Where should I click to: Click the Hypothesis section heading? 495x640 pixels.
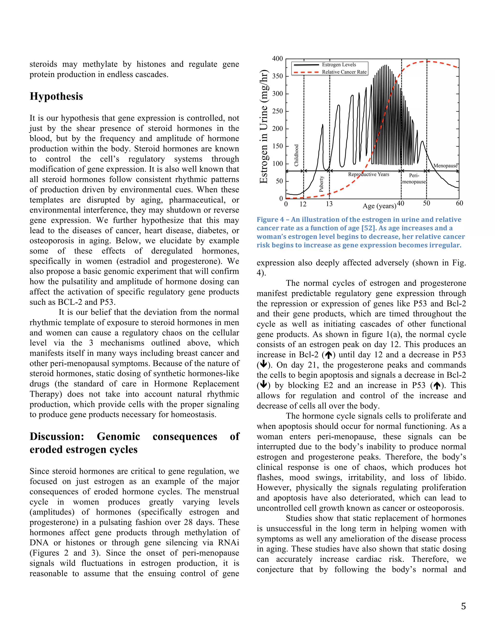pyautogui.click(x=56, y=96)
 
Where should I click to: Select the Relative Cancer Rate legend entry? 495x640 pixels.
pyautogui.click(x=344, y=72)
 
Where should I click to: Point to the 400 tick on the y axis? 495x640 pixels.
pyautogui.click(x=277, y=59)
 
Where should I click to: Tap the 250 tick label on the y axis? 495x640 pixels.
pyautogui.click(x=277, y=111)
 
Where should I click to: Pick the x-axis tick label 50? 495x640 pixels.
pyautogui.click(x=426, y=203)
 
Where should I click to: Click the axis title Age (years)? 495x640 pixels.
pyautogui.click(x=379, y=206)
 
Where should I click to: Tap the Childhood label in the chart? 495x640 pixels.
pyautogui.click(x=297, y=155)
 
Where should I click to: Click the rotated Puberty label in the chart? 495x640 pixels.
pyautogui.click(x=321, y=184)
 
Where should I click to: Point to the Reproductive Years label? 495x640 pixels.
pyautogui.click(x=369, y=174)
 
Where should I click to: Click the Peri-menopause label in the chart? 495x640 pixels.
pyautogui.click(x=414, y=178)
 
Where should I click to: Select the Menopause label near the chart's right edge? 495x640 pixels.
pyautogui.click(x=445, y=166)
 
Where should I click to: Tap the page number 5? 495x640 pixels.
pyautogui.click(x=463, y=606)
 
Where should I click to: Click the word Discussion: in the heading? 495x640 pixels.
pyautogui.click(x=57, y=436)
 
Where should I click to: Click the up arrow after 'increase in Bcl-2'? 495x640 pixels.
pyautogui.click(x=329, y=355)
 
